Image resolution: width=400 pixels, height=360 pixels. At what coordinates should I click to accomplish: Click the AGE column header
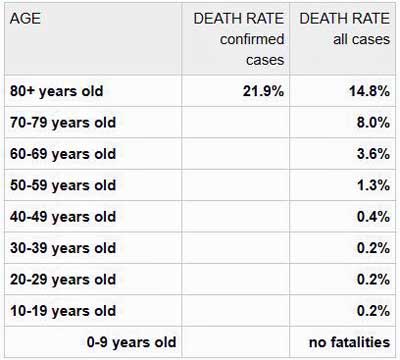coord(25,18)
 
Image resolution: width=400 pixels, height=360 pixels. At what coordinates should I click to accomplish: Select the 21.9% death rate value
coord(263,91)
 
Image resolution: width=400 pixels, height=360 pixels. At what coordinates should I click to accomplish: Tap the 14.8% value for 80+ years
coord(369,91)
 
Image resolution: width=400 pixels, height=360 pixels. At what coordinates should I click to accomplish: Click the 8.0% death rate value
coord(373,122)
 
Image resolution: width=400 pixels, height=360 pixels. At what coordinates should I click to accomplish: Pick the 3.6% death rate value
coord(373,154)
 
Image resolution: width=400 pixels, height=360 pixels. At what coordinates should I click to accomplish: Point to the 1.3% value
coord(373,185)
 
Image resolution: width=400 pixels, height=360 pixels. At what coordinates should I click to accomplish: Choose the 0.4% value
coord(373,217)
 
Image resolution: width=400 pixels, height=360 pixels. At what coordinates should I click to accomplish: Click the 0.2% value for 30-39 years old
coord(373,248)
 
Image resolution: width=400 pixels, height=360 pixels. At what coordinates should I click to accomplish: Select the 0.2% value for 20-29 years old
coord(373,279)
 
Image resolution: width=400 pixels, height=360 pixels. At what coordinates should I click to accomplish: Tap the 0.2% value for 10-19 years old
coord(373,311)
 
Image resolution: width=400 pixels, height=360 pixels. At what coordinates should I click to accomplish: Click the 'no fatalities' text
coord(350,342)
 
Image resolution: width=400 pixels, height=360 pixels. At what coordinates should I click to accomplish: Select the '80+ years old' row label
coord(57,91)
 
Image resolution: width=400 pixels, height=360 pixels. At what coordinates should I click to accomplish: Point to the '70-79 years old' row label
coord(63,123)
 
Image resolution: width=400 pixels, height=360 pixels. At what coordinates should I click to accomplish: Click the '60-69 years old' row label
coord(63,154)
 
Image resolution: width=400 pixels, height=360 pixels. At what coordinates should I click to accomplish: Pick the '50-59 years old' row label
coord(63,185)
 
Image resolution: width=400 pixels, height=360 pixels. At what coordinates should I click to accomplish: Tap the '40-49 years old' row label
coord(63,217)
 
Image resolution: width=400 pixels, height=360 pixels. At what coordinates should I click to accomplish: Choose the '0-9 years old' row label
coord(131,343)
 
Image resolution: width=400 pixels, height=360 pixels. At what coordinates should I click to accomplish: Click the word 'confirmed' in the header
coord(252,39)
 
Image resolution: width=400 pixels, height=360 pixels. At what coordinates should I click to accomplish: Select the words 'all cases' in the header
coord(361,39)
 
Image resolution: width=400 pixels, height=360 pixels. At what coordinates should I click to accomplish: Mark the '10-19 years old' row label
coord(63,311)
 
